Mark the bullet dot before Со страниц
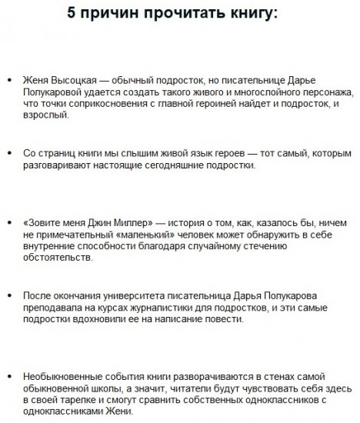(8, 155)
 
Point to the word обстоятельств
(62, 256)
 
